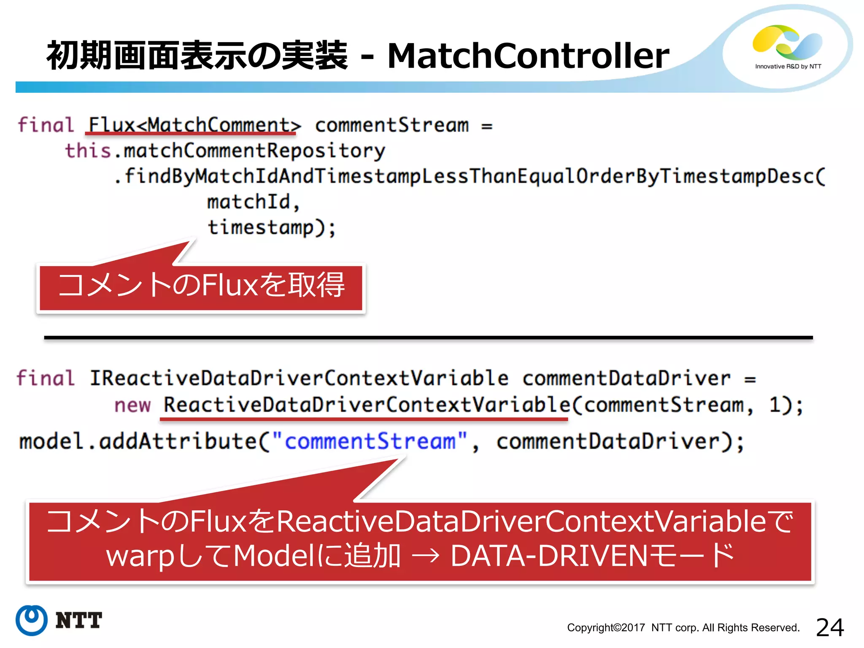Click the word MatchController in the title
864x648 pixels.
[x=528, y=56]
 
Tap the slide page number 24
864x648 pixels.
[x=829, y=627]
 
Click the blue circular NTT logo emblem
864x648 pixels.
[x=32, y=620]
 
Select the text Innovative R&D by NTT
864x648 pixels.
[x=788, y=67]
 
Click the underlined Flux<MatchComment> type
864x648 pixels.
[x=194, y=125]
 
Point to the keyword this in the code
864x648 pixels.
[x=88, y=151]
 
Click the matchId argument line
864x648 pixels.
[x=252, y=202]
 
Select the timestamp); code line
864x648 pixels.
[x=271, y=227]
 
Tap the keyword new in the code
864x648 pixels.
[x=132, y=405]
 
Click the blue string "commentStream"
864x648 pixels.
[x=370, y=441]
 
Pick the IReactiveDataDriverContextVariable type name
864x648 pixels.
[x=299, y=378]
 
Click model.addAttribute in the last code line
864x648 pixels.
[x=137, y=441]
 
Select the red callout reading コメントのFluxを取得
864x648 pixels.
[x=201, y=287]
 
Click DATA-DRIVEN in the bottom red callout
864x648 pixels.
[x=548, y=556]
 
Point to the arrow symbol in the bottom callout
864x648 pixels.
[x=425, y=556]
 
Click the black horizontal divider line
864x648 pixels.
[x=428, y=337]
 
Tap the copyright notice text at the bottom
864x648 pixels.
[x=683, y=628]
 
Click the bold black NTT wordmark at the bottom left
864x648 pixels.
[x=79, y=621]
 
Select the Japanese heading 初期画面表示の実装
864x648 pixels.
[x=197, y=56]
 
